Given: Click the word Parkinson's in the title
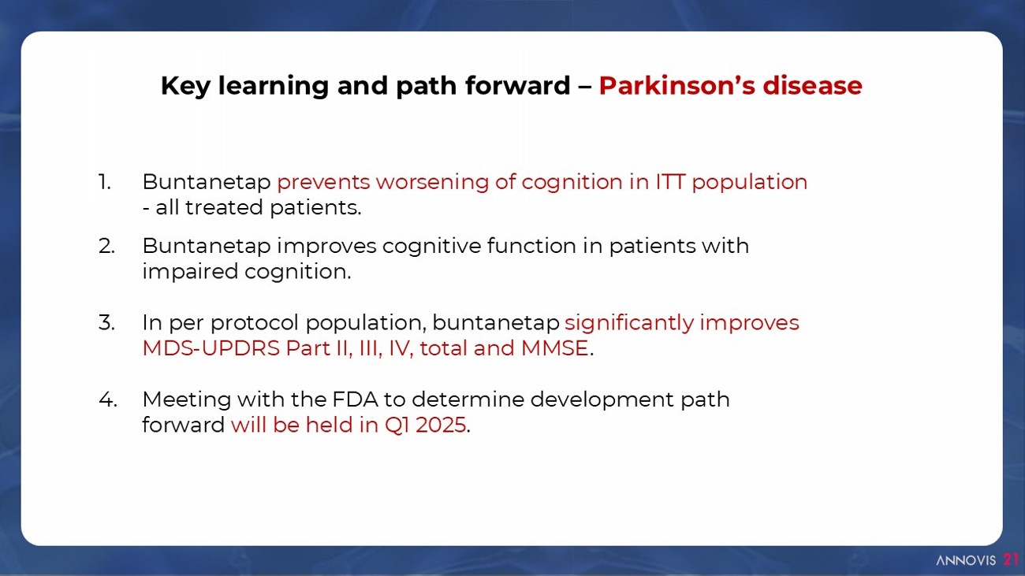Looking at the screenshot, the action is point(676,85).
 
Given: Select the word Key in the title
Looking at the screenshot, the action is point(184,87).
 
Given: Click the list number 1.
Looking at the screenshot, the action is point(104,182).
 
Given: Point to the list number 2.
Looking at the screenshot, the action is point(106,246).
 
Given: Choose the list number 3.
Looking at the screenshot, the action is point(106,323).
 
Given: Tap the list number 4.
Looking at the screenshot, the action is point(107,399).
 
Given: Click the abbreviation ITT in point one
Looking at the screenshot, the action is point(670,182).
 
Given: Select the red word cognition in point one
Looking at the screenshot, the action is point(572,183).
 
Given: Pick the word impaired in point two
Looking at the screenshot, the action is point(190,273).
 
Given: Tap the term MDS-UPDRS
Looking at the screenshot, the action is point(211,348).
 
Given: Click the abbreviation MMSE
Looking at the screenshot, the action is point(554,348).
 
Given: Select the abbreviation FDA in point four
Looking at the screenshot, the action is point(355,399).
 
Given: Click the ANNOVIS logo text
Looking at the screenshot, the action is point(966,560).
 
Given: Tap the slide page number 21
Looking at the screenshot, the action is point(1011,560).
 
